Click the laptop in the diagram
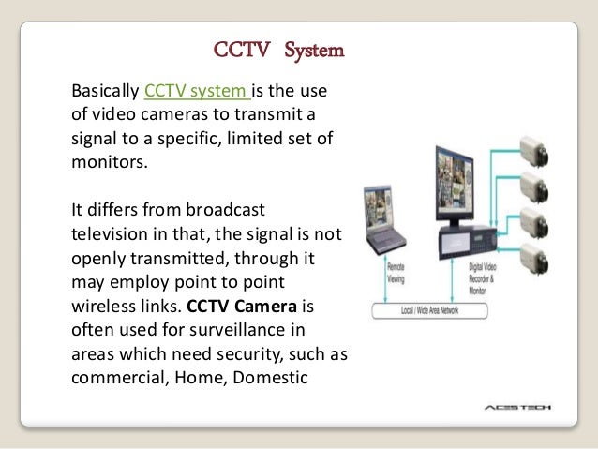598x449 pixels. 386,226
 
